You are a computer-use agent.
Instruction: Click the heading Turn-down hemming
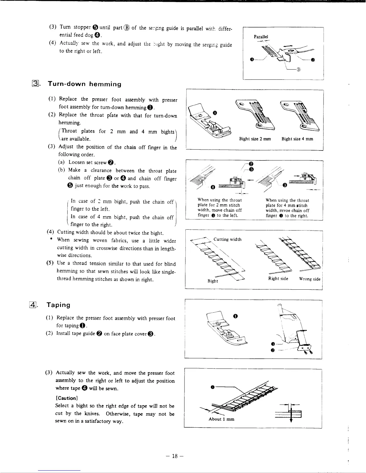click(x=85, y=84)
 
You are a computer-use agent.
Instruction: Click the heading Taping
click(x=59, y=305)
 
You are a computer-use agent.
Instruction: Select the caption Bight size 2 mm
click(x=255, y=139)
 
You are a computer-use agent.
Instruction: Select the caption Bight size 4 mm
click(x=298, y=139)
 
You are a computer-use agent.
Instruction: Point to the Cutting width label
click(x=228, y=239)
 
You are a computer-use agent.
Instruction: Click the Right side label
click(x=278, y=279)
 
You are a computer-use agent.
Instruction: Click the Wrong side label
click(x=310, y=279)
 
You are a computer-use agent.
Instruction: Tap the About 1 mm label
click(x=221, y=419)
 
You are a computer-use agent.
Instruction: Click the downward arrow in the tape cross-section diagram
click(x=291, y=419)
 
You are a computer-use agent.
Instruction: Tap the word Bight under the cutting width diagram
click(x=213, y=281)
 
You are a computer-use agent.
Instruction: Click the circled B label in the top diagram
click(x=298, y=70)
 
